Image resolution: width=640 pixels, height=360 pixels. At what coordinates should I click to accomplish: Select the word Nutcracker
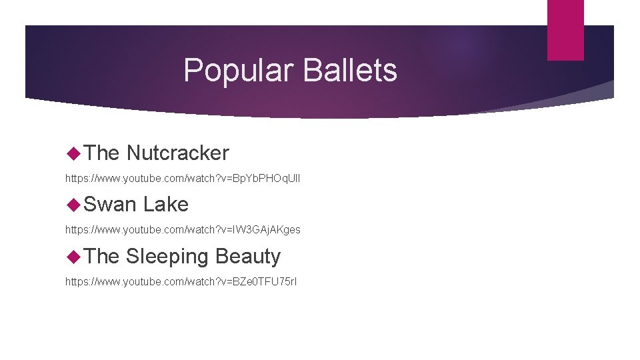pos(177,153)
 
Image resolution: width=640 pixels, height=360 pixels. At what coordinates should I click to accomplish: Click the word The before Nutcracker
pos(102,153)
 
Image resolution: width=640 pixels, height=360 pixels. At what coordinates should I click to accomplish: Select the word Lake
pos(166,204)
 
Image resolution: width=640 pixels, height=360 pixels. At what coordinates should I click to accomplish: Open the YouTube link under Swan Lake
pos(183,229)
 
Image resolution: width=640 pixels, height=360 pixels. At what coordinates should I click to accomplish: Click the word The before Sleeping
pos(102,256)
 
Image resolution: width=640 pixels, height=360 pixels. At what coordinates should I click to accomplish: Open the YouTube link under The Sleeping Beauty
pos(181,281)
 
